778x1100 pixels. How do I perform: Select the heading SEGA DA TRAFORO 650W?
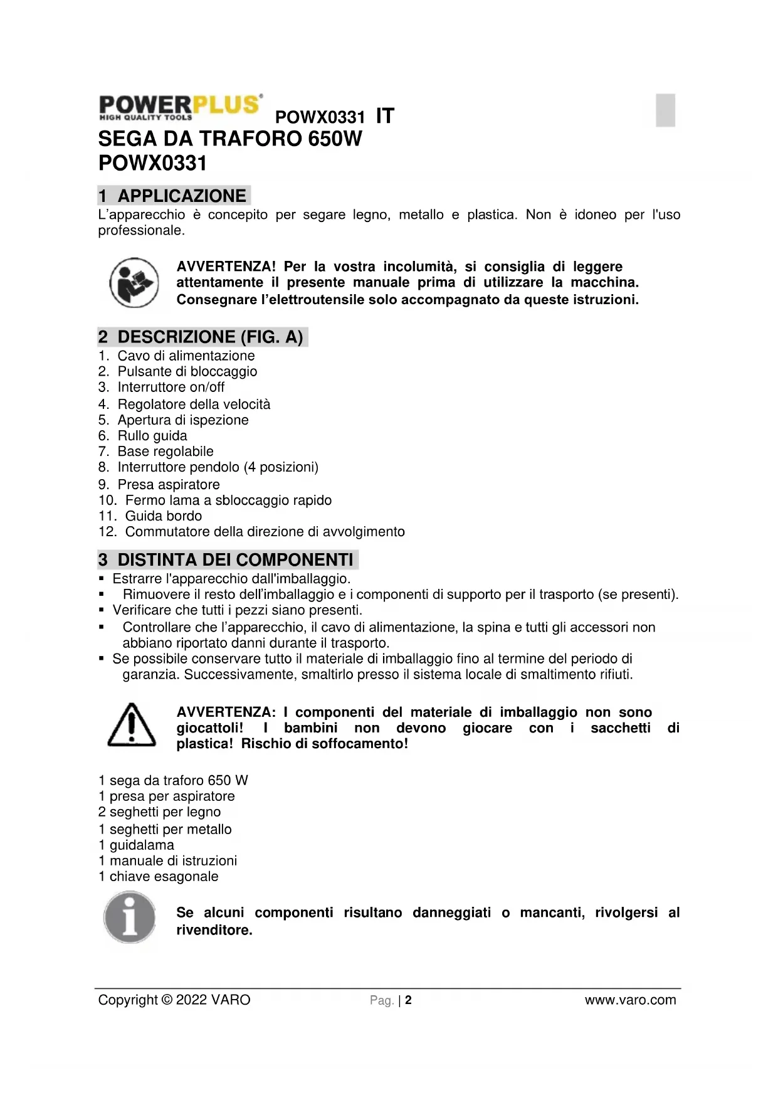230,139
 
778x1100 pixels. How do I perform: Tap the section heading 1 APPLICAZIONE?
174,196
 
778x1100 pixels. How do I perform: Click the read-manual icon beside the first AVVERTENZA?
134,283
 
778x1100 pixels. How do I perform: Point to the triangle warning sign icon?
132,726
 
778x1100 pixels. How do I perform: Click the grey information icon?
130,919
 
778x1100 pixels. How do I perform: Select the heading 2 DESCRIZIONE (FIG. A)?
202,337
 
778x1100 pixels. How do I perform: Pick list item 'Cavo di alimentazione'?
186,356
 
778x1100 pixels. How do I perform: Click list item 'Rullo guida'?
152,436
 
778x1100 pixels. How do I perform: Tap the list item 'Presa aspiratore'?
168,484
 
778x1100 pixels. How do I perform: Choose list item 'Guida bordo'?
163,516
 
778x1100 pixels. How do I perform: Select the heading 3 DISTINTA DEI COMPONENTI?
227,559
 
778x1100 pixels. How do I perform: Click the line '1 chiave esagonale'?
159,876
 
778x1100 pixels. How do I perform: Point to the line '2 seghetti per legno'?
160,812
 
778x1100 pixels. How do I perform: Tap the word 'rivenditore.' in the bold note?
214,930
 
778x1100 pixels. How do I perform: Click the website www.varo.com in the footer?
630,1000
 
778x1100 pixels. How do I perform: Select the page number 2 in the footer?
408,1000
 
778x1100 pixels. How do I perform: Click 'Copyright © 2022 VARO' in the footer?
174,1000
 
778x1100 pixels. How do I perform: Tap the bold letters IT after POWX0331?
385,116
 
